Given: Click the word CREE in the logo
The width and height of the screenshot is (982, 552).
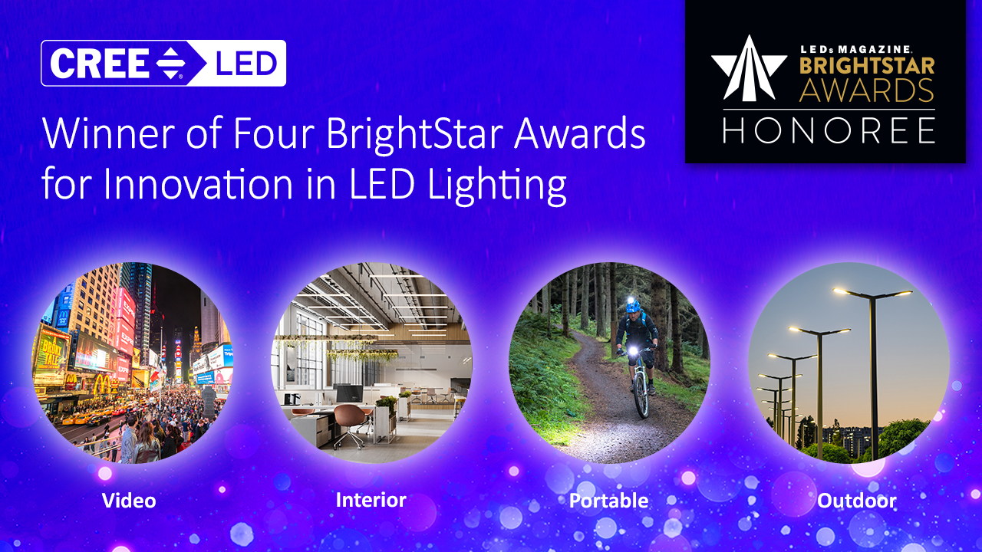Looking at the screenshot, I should tap(100, 64).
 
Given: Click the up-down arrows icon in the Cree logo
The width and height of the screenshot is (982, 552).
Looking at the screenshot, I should tap(167, 64).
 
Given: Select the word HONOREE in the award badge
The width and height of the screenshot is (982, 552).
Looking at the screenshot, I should tap(829, 130).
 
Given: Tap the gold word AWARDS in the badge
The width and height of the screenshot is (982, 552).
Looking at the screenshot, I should tap(866, 90).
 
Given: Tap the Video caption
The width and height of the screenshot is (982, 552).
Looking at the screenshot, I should tap(129, 501).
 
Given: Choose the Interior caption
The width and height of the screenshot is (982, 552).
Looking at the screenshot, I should tap(371, 501).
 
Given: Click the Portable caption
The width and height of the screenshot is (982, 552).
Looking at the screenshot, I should tap(608, 501).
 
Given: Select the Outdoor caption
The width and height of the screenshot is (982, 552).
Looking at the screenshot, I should tap(856, 501).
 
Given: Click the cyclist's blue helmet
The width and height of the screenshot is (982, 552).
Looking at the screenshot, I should tap(633, 306).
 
